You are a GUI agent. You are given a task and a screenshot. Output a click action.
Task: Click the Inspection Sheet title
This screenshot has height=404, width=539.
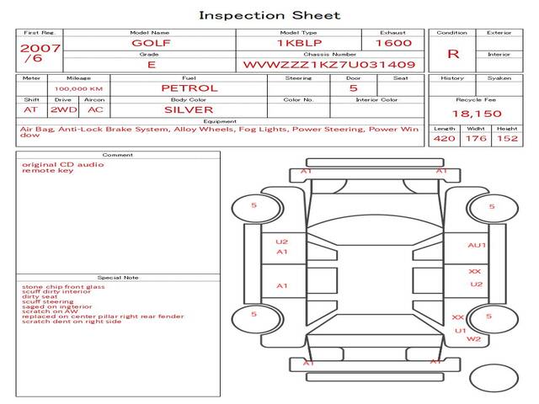point(269,15)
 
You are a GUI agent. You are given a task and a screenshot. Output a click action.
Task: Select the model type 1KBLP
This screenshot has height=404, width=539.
point(296,42)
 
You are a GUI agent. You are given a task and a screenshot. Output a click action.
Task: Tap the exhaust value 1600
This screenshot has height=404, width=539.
point(393,42)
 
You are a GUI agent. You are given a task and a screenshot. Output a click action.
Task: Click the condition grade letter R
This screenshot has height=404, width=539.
point(453,54)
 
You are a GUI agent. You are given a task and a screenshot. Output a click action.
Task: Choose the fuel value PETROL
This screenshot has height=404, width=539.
point(189,88)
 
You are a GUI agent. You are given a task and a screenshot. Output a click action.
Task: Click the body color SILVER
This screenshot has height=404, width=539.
point(189,109)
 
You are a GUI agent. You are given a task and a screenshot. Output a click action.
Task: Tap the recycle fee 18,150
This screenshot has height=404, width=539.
point(477,114)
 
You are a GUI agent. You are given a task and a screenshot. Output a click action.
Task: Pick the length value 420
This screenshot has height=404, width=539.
point(444,138)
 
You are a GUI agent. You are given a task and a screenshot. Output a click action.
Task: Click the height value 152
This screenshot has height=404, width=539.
point(507,138)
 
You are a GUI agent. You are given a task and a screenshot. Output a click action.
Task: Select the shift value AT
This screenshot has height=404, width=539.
point(31,109)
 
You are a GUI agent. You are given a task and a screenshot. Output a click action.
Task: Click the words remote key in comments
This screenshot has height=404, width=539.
point(48,171)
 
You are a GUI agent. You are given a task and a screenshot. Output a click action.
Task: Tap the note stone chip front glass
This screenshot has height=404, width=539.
point(63,287)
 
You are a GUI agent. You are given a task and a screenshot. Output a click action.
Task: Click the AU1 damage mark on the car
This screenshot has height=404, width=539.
point(477,245)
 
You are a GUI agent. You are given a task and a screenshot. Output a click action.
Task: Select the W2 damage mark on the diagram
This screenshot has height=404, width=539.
point(473,339)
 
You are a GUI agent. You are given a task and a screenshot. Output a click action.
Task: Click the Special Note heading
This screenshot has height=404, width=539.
point(117,277)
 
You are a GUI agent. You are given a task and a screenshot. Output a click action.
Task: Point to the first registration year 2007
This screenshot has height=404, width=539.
point(40,48)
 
